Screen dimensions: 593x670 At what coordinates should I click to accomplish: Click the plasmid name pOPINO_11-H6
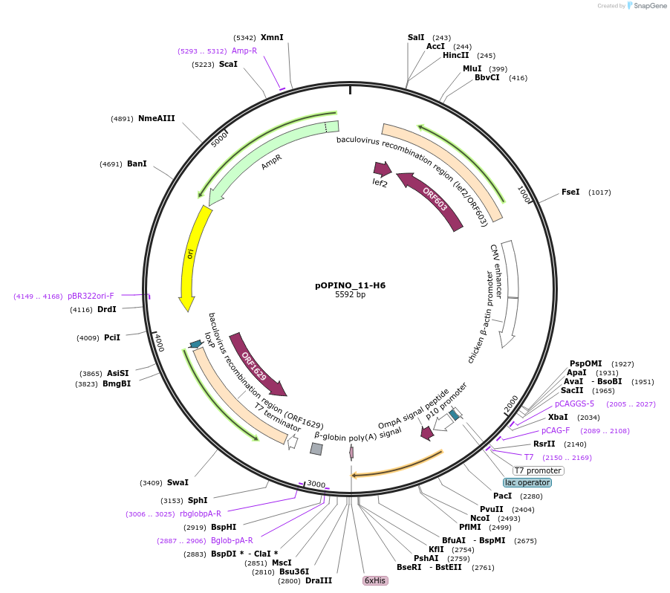point(350,285)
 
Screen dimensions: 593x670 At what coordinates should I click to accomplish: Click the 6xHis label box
point(375,580)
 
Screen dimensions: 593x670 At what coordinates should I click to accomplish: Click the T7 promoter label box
point(539,470)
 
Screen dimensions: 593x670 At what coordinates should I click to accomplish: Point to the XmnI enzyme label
point(272,37)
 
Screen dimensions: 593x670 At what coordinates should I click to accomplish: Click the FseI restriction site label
point(570,192)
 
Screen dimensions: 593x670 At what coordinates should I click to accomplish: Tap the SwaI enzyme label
point(178,482)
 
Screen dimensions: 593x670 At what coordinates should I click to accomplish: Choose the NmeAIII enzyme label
point(156,118)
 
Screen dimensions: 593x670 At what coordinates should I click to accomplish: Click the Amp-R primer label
point(244,51)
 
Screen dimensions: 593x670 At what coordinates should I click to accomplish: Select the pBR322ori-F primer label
point(91,296)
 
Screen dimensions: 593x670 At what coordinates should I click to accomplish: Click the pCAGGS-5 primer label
point(574,404)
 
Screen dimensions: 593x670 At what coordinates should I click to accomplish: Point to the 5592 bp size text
point(350,294)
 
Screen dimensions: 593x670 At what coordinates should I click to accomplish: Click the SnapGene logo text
point(650,6)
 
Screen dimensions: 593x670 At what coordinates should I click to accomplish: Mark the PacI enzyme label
point(503,496)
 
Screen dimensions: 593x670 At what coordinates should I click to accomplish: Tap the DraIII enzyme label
point(319,580)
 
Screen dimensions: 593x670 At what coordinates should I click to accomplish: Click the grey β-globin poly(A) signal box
point(316,449)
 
